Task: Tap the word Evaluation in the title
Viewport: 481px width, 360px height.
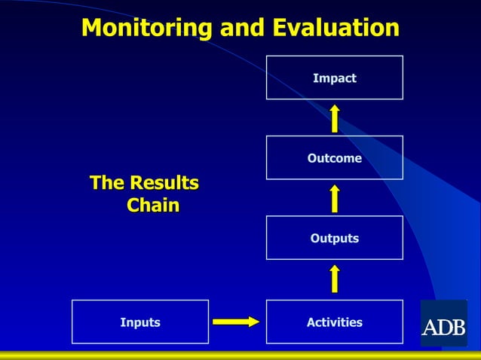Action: click(335, 28)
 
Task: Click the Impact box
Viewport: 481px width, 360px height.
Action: click(334, 78)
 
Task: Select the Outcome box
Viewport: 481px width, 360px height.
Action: click(334, 157)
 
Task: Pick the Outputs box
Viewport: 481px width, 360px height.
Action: click(334, 238)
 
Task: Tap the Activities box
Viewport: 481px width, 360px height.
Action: click(334, 322)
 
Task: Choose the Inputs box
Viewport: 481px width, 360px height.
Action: click(139, 322)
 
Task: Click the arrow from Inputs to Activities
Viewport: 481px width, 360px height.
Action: click(235, 322)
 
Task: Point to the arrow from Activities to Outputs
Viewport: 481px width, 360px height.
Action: click(334, 279)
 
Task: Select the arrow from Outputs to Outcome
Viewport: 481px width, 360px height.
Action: click(334, 198)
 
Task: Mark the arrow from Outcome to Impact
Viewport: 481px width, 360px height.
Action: click(334, 118)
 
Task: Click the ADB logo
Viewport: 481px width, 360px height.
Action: click(443, 324)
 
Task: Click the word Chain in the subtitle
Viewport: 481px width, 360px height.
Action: click(153, 205)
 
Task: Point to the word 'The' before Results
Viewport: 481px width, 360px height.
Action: click(107, 183)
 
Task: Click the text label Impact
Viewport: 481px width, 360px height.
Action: click(334, 78)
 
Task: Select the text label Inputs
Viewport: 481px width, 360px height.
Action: click(140, 322)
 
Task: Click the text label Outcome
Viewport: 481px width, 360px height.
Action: click(334, 158)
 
